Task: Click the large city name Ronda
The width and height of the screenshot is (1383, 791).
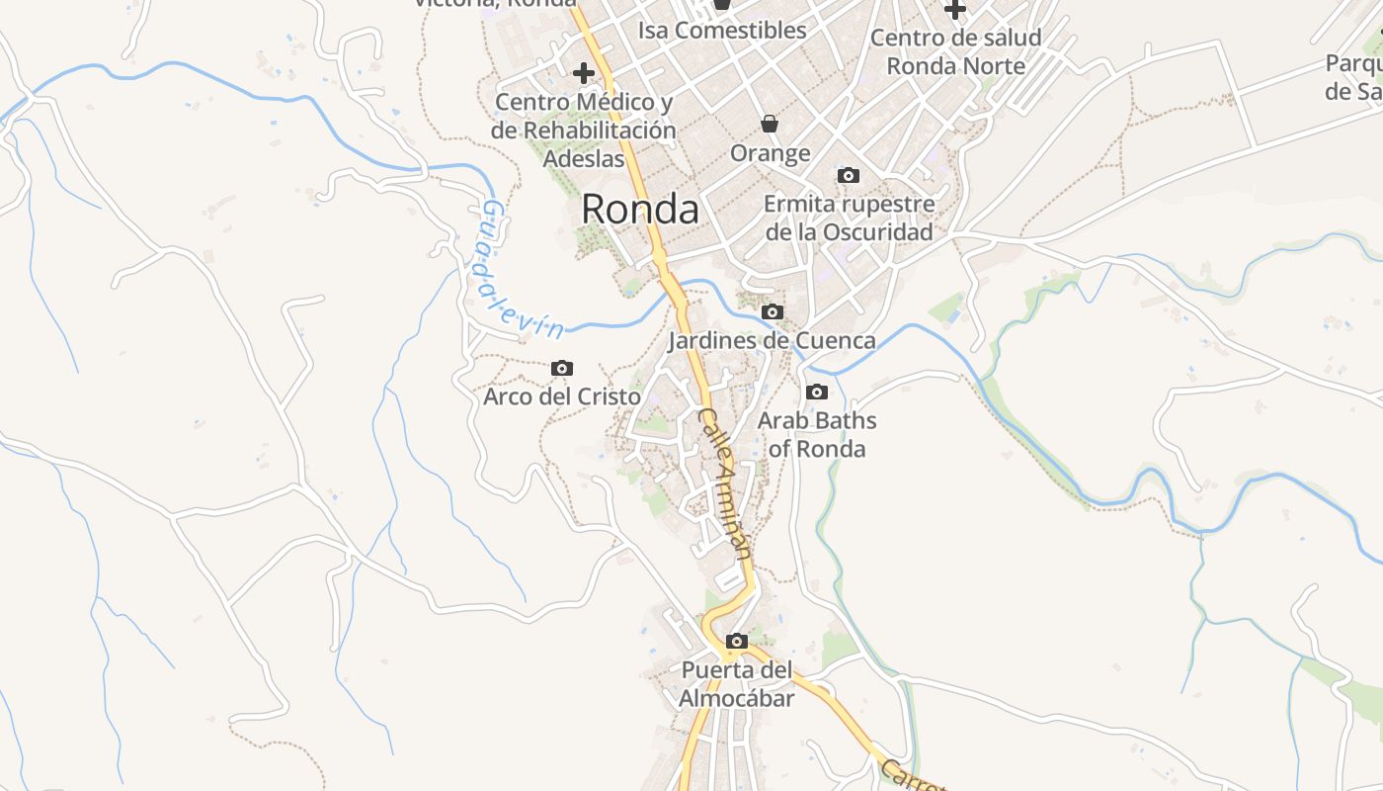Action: coord(639,209)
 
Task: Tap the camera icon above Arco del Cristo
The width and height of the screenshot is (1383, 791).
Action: coord(561,369)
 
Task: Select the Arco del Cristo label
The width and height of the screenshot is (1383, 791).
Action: coord(561,396)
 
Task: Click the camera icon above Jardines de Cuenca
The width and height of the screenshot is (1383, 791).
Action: coord(773,312)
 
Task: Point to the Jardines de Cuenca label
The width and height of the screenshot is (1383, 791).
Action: coord(772,341)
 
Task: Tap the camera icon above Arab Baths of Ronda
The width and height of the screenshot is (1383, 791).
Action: coord(816,393)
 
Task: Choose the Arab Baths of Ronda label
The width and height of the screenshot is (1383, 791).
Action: coord(817,435)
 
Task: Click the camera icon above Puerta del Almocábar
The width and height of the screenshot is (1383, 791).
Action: coord(736,642)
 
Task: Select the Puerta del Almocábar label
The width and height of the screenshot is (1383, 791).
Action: coord(736,684)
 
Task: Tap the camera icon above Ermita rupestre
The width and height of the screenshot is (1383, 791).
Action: coord(848,176)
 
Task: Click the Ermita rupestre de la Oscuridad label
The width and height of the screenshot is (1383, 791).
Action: coord(850,219)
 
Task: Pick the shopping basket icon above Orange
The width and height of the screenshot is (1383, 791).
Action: coord(770,124)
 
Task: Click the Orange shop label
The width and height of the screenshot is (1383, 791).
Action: coord(771,153)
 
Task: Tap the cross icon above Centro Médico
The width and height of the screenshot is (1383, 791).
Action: coord(584,72)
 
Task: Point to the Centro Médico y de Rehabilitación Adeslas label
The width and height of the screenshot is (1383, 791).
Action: coord(584,130)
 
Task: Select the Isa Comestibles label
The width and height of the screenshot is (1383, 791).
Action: coord(722,31)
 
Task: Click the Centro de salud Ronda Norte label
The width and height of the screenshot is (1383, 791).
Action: coord(955,52)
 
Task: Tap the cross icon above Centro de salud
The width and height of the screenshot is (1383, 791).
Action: coord(954,10)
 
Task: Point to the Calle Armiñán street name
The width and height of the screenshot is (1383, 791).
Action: coord(727,484)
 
